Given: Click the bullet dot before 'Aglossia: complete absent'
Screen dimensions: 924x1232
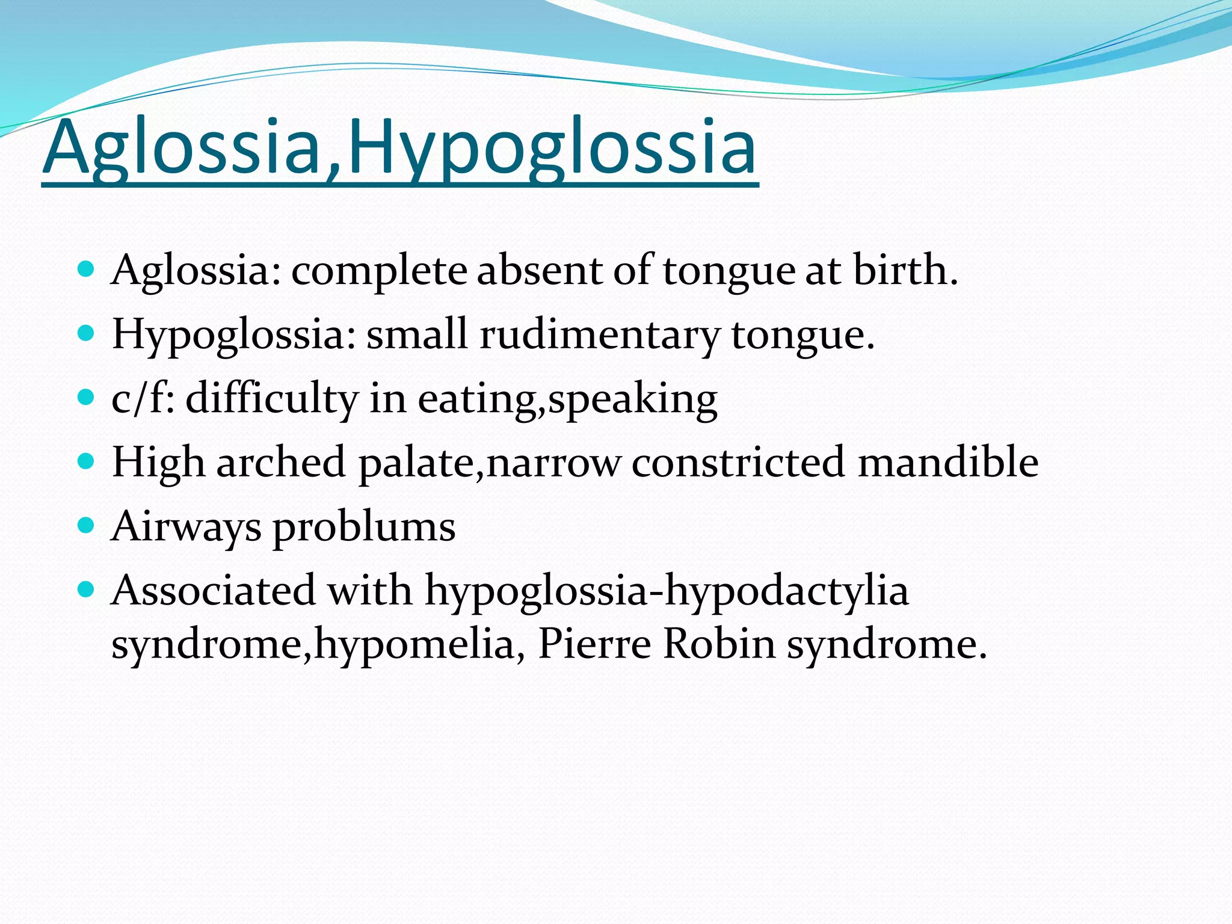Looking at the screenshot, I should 87,268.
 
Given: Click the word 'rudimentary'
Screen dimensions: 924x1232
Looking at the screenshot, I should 599,334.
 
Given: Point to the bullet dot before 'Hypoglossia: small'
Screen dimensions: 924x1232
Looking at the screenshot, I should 87,333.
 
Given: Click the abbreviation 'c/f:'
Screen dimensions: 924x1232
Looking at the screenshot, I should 143,399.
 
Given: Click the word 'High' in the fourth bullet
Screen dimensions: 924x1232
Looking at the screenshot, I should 158,463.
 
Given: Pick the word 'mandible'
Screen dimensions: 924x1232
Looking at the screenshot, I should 948,462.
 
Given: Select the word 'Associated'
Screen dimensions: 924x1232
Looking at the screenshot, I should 214,590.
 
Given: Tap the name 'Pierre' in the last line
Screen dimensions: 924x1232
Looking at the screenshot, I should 594,644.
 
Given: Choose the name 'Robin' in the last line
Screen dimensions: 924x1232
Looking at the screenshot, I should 719,644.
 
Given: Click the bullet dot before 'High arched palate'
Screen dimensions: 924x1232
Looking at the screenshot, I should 87,461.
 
